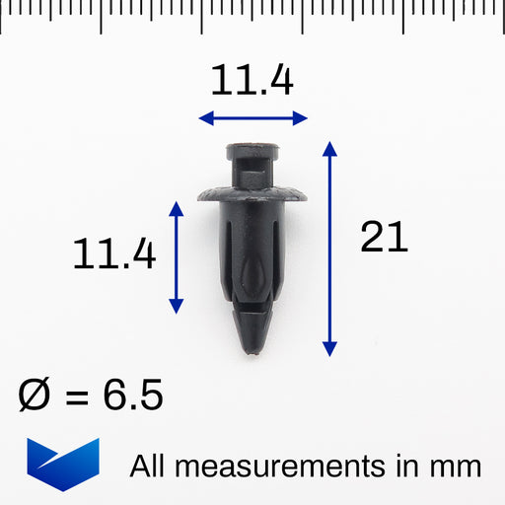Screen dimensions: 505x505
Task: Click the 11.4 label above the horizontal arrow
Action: tap(252, 80)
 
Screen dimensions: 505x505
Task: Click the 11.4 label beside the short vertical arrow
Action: tap(114, 253)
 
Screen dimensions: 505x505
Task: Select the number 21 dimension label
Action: tap(384, 237)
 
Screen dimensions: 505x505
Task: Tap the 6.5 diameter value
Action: tap(133, 395)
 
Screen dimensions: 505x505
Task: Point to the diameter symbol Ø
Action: tap(35, 394)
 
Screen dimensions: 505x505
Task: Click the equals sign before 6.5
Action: tap(77, 397)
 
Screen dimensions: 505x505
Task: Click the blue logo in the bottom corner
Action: tap(63, 465)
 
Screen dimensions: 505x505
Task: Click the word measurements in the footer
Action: tap(280, 468)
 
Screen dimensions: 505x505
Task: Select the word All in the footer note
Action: tap(147, 466)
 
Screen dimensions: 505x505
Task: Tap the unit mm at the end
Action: tap(456, 469)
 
